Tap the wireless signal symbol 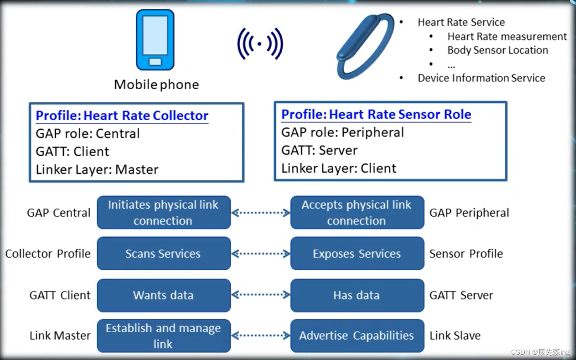260,43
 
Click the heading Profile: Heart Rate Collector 122,116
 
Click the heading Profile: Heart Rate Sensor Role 376,114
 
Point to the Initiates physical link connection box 164,212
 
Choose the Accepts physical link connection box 357,212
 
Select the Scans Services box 164,253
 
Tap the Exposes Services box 357,253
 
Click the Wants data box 164,295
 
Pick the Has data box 357,295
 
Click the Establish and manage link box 164,336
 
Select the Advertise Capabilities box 357,336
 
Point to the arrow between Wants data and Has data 261,295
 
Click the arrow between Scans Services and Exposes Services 261,253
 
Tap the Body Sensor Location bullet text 497,50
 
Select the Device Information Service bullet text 481,78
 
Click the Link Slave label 455,336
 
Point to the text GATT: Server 319,150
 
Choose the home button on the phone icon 155,62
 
